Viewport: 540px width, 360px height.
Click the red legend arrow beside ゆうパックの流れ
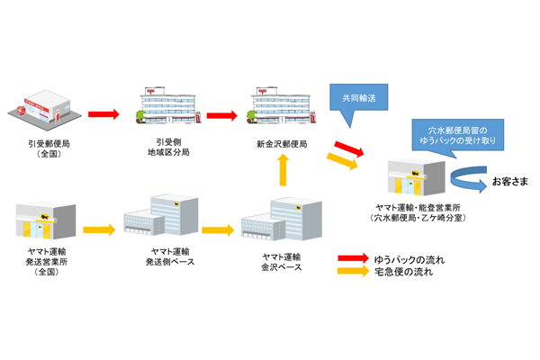[x=357, y=259]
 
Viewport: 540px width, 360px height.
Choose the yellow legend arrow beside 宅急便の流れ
[x=357, y=273]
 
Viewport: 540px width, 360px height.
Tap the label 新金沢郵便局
[x=282, y=143]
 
